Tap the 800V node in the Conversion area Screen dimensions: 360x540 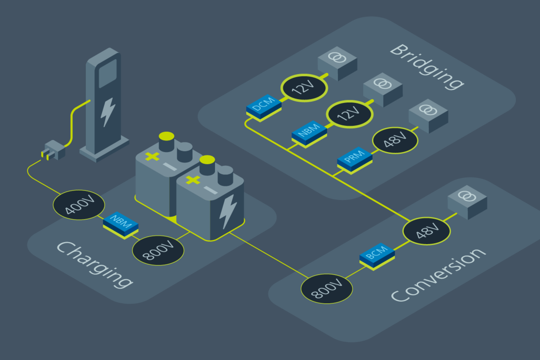(327, 288)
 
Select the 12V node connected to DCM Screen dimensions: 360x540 (304, 87)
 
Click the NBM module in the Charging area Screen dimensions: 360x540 (121, 224)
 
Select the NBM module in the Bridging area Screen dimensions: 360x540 (309, 132)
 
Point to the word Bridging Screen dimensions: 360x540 (427, 66)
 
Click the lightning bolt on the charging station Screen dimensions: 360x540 (108, 112)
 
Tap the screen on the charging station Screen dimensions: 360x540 (108, 73)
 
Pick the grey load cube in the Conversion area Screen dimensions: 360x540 (467, 202)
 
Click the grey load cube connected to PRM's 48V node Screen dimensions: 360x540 (428, 115)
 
